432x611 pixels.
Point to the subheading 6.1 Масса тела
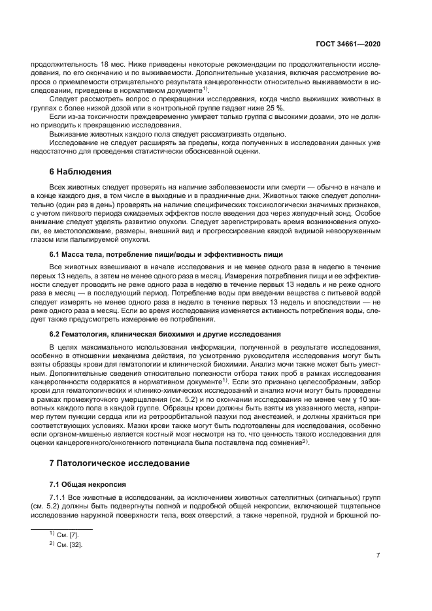click(x=82, y=253)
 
